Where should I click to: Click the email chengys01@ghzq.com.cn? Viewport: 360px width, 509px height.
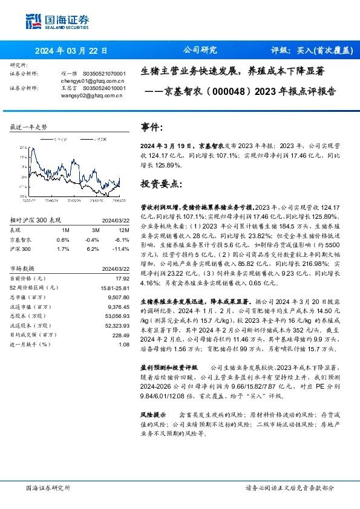93,80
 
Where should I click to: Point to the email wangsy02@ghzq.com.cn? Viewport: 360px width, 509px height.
93,94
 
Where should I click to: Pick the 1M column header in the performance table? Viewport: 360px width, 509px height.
65,230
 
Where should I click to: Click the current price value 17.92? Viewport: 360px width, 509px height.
123,277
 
